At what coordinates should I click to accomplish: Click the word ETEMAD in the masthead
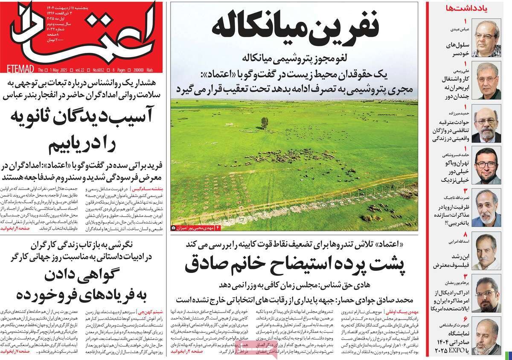pos(18,68)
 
